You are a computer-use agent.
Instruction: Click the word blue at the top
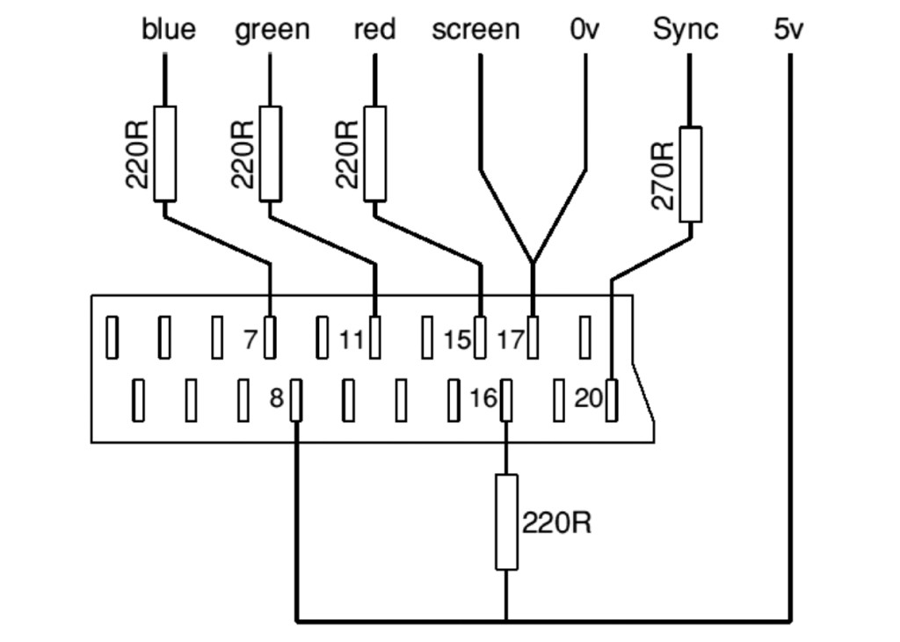[x=169, y=30]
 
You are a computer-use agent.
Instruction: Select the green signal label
[x=272, y=30]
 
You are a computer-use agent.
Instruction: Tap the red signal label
[x=374, y=30]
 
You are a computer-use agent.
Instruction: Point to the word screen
[x=475, y=30]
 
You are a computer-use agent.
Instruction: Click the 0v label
[x=584, y=30]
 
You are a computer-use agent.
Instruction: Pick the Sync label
[x=686, y=30]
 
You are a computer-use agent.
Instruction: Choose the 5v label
[x=788, y=30]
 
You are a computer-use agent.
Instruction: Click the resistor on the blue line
[x=165, y=154]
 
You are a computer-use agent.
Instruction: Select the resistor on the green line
[x=271, y=154]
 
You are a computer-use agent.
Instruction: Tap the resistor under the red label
[x=375, y=154]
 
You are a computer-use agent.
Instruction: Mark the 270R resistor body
[x=691, y=174]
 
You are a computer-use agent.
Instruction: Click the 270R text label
[x=664, y=174]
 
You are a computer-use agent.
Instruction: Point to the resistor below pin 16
[x=506, y=522]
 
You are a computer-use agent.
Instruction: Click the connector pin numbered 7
[x=270, y=338]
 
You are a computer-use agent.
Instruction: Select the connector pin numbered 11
[x=375, y=338]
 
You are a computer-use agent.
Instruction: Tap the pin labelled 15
[x=480, y=338]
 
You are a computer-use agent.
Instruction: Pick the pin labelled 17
[x=533, y=338]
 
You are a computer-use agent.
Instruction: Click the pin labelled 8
[x=296, y=400]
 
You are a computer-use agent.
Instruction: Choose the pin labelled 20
[x=611, y=400]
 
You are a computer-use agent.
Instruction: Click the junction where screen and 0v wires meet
[x=533, y=262]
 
